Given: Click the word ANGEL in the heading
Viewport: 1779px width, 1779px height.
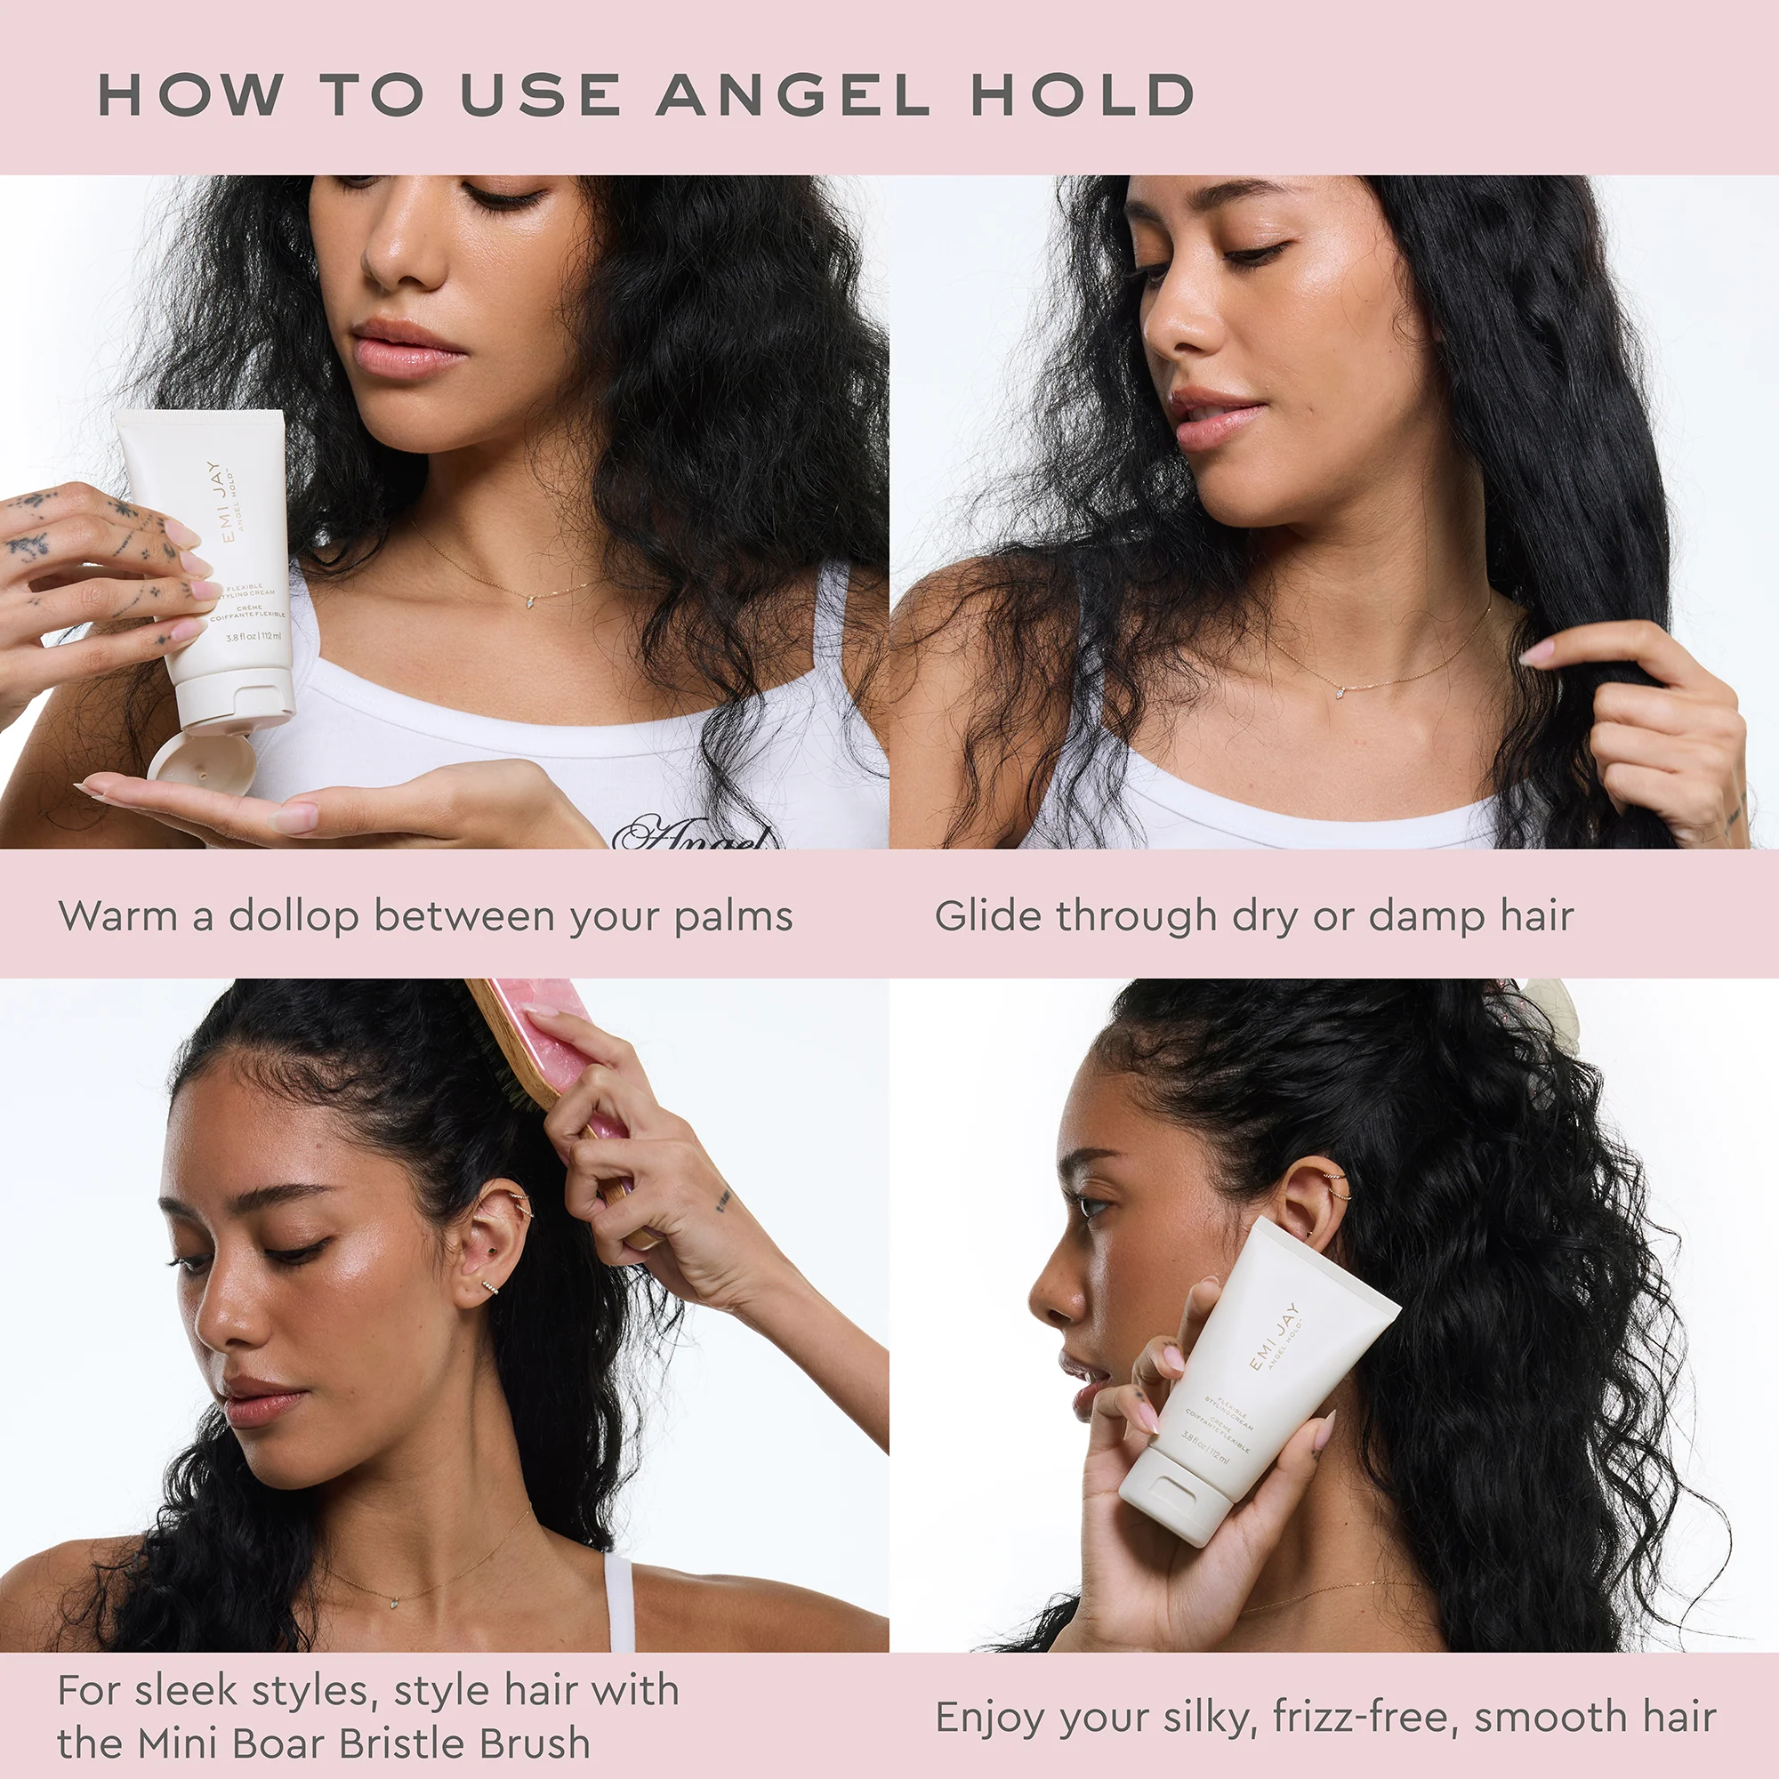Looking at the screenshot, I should click(x=792, y=95).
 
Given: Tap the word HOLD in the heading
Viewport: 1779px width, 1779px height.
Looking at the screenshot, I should click(x=1083, y=95).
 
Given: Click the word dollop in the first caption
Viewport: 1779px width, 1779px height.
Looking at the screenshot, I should click(x=293, y=917).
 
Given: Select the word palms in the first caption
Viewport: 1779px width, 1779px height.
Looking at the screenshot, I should click(x=733, y=917).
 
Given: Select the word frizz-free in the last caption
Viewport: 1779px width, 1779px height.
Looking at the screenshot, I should click(x=1364, y=1718).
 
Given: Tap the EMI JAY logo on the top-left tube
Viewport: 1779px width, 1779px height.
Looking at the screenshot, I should click(x=218, y=502).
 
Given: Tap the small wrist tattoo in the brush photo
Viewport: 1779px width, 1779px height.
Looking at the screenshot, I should click(x=724, y=1199).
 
